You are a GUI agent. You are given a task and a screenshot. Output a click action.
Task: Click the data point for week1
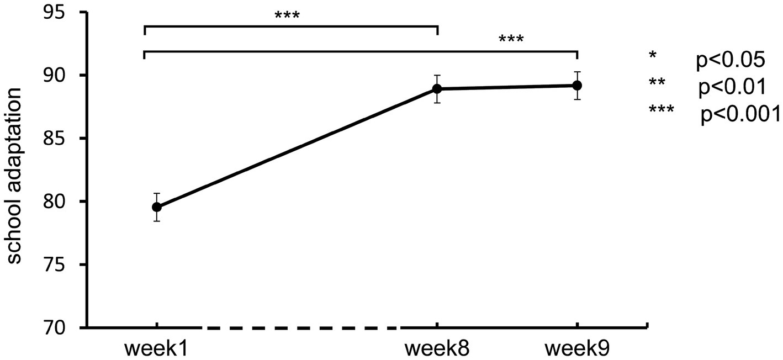tap(157, 207)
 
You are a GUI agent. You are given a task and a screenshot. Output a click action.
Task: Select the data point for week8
tap(437, 89)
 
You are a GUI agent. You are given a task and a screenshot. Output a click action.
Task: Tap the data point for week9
tap(577, 86)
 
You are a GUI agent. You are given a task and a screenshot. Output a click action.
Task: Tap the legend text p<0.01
tap(732, 87)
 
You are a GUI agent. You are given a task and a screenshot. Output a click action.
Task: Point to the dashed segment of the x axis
tap(301, 328)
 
